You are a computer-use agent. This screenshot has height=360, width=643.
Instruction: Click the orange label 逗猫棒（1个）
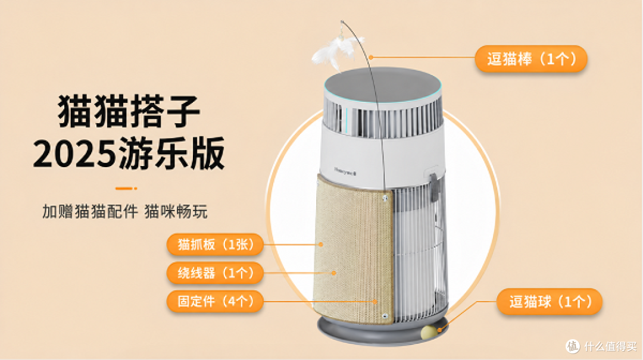531,59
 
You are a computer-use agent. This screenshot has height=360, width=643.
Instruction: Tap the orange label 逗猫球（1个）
550,302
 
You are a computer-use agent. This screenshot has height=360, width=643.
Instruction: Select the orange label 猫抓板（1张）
215,245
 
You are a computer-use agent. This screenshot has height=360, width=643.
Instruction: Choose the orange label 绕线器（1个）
215,273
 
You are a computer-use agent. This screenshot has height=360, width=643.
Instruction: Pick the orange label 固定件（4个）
215,301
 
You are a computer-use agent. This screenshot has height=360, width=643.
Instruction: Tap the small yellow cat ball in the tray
429,331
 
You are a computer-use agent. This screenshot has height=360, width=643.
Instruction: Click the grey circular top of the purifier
383,86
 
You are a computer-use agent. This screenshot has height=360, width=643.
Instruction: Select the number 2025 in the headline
74,154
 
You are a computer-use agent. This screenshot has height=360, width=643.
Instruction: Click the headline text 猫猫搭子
129,111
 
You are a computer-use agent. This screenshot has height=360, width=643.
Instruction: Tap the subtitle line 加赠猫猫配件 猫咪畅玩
124,212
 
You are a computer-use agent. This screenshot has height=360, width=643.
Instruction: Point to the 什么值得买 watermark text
610,346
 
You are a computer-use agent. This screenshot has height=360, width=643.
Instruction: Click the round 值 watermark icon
573,346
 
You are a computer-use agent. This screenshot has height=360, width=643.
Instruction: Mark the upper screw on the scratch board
385,199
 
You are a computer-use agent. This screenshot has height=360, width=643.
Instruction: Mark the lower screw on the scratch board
384,316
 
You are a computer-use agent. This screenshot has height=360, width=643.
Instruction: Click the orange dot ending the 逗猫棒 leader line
371,57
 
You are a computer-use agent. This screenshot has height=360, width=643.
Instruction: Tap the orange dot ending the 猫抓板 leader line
321,245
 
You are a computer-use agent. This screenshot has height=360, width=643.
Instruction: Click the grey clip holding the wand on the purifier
434,187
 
